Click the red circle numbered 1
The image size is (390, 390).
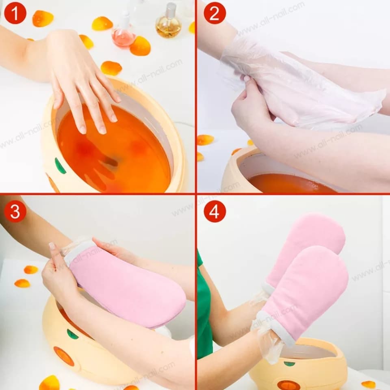(15, 13)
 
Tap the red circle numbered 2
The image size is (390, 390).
(214, 13)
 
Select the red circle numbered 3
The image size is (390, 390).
(15, 212)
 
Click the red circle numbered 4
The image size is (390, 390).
(214, 212)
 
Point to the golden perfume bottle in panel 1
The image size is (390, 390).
(168, 25)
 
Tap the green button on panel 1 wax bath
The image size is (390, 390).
(60, 166)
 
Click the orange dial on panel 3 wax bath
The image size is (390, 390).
(64, 356)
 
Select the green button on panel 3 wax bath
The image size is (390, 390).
(72, 334)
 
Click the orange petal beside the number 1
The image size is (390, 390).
(42, 18)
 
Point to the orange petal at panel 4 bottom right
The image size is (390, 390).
(368, 384)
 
